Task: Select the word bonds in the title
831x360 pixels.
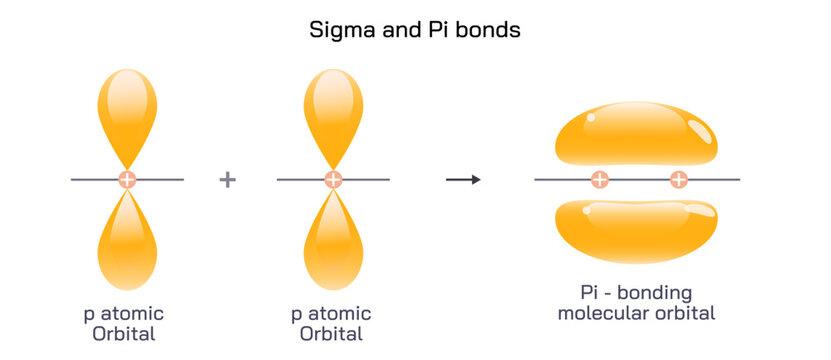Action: [489, 30]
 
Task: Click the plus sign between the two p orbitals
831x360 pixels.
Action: [228, 180]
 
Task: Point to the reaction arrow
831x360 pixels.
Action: [463, 180]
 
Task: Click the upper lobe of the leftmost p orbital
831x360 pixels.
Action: [127, 110]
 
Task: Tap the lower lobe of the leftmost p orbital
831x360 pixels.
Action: [127, 245]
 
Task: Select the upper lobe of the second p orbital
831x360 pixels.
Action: [333, 110]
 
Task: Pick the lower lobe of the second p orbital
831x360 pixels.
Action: [333, 245]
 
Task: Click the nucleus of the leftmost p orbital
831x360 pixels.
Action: [127, 180]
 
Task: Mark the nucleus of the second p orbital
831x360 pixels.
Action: [333, 180]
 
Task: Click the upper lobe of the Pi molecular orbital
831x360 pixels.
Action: [636, 135]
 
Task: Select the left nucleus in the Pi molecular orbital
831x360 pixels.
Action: [599, 180]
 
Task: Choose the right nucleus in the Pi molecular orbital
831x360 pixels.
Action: [678, 180]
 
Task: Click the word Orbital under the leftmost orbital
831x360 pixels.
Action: [124, 333]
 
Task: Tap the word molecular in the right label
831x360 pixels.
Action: [602, 313]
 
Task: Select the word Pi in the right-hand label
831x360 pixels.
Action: [590, 293]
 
